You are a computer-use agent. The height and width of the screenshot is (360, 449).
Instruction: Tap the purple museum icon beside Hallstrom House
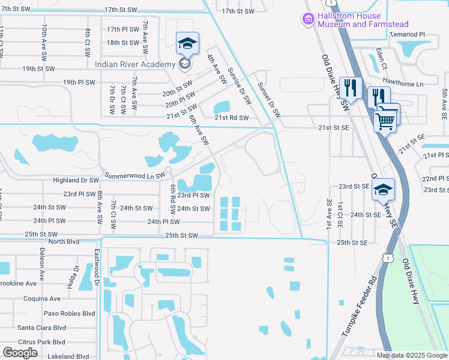tap(309, 20)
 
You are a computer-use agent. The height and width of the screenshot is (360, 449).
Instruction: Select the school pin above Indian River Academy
tap(187, 44)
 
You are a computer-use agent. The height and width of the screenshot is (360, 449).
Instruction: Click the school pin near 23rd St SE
tap(382, 191)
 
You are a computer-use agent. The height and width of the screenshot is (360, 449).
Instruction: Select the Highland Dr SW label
tap(76, 180)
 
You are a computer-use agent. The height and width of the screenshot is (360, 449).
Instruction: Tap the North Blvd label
tap(64, 242)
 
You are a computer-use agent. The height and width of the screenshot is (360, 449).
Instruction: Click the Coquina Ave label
tap(42, 298)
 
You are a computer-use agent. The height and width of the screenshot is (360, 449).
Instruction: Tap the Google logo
tap(20, 353)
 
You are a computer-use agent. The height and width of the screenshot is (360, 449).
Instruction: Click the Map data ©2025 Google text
tap(411, 355)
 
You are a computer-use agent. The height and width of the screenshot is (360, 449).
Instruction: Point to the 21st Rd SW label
tap(232, 118)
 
